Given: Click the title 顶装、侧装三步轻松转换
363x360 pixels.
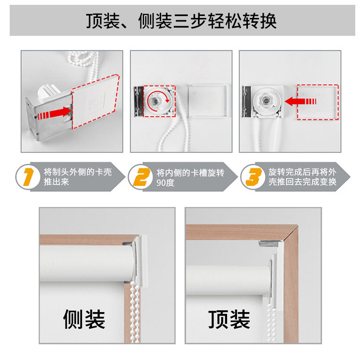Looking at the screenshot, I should (181, 21).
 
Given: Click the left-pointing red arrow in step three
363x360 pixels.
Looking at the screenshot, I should (301, 101).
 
